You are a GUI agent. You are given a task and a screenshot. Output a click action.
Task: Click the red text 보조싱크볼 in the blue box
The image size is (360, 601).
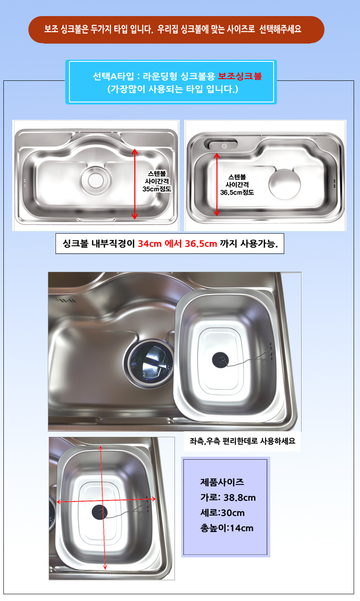click(240, 76)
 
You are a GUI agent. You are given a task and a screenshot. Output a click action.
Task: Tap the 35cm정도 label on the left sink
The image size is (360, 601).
click(157, 189)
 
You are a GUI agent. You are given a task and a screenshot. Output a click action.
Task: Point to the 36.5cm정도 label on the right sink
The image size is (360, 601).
click(237, 193)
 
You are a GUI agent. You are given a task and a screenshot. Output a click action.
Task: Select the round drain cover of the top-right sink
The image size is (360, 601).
click(285, 184)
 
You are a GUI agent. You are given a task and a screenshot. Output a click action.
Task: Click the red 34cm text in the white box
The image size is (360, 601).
click(150, 244)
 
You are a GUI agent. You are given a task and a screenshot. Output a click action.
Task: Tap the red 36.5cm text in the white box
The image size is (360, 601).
click(201, 244)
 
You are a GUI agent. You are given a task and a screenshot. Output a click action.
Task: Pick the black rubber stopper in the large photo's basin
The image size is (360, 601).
click(220, 360)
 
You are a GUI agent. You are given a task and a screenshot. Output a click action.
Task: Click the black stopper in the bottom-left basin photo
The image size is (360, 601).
click(100, 512)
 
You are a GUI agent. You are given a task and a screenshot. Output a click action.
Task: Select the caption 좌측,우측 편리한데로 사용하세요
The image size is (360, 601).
click(242, 441)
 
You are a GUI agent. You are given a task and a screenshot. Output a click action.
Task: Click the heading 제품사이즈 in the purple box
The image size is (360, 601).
click(222, 482)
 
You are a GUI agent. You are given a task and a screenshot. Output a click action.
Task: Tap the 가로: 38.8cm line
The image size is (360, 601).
click(228, 497)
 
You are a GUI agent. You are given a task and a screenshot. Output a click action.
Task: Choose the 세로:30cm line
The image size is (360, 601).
click(222, 513)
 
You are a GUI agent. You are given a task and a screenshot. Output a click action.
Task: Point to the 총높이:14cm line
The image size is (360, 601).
click(227, 528)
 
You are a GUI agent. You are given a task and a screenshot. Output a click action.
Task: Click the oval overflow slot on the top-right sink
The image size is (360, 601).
click(221, 144)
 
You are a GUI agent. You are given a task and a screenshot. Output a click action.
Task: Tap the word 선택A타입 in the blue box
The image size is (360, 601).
click(113, 76)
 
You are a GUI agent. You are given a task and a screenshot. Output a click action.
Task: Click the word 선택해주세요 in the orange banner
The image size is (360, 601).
click(280, 29)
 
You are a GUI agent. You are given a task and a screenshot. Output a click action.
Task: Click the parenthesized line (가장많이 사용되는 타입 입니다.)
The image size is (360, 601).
click(173, 89)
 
